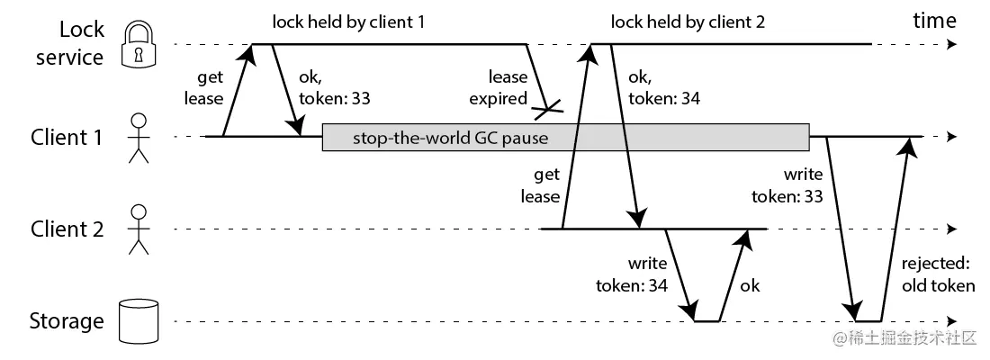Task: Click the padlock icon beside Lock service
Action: point(138,44)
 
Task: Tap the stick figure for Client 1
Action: point(138,138)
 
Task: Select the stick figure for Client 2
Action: point(138,229)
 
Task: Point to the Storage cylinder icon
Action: point(138,321)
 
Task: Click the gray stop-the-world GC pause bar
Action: point(565,138)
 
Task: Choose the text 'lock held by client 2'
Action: point(687,22)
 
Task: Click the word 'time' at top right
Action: point(935,21)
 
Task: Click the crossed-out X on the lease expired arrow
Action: point(547,111)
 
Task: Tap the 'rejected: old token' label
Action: point(937,276)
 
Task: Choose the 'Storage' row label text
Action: point(67,321)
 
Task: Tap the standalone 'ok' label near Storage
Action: point(749,285)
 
